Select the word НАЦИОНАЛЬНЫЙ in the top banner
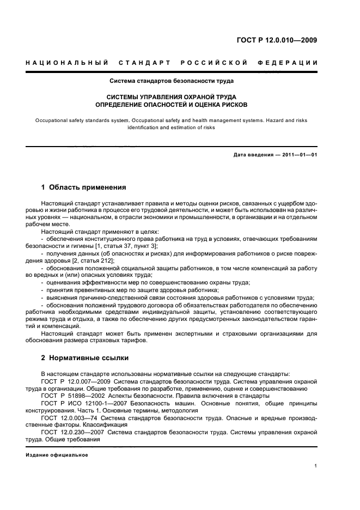pos(67,63)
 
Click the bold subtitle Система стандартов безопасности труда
pos(172,81)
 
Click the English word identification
pos(144,127)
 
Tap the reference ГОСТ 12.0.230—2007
pos(69,431)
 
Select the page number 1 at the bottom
pos(316,466)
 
